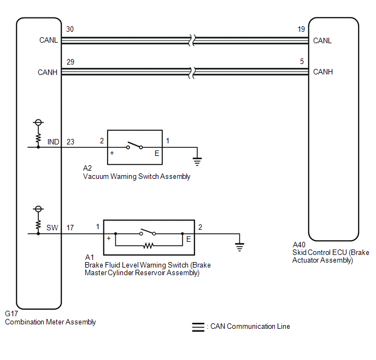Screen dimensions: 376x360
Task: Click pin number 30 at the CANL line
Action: coord(70,30)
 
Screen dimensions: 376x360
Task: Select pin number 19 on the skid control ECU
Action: coord(301,30)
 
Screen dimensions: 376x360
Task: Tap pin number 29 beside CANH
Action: coord(70,62)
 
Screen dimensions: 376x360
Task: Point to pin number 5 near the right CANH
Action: coord(302,61)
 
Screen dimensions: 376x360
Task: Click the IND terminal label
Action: coord(53,142)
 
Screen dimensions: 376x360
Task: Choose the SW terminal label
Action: coord(52,228)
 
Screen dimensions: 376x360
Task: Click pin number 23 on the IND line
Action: coord(70,142)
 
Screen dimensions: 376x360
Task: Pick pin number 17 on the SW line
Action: coord(70,228)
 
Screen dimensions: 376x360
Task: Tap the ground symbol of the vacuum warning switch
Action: coord(197,161)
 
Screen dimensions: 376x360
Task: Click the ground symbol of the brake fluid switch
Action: coord(239,247)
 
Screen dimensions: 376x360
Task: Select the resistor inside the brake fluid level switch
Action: coord(149,246)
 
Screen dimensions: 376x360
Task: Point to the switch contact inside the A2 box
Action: coord(134,145)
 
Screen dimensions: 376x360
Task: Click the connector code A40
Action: coord(299,245)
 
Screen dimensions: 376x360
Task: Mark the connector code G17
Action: coord(11,313)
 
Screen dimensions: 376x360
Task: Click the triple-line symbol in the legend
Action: coord(198,327)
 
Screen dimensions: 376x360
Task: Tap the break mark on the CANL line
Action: coord(192,40)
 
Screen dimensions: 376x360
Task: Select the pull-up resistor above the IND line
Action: coord(38,138)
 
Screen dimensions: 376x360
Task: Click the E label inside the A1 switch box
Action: coord(189,239)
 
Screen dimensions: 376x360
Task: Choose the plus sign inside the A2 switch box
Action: coord(112,153)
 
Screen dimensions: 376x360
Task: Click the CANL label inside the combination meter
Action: coord(49,40)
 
